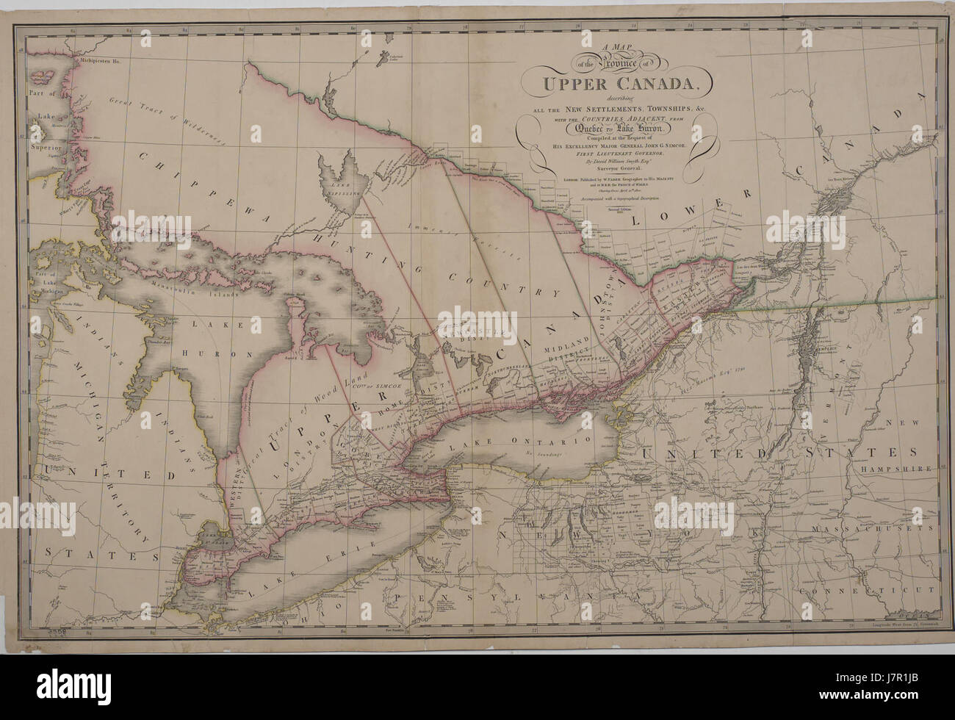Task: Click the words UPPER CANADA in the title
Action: [617, 82]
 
